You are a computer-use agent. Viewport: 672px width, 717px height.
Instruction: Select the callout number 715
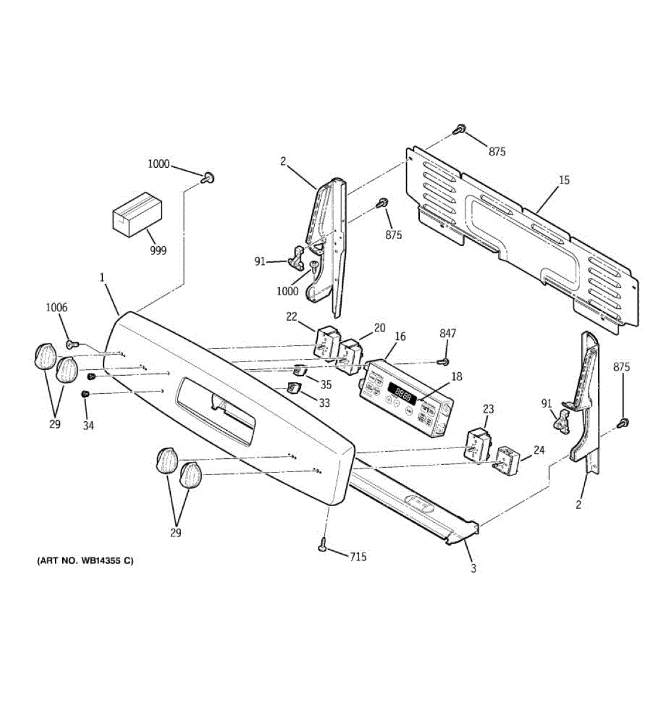click(x=358, y=557)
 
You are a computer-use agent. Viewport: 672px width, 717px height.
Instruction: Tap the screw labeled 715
click(x=323, y=544)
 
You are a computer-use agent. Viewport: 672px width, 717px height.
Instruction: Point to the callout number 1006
click(x=57, y=308)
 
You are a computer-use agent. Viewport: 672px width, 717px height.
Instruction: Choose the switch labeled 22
click(x=326, y=344)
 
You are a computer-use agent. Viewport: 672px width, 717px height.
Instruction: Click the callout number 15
click(x=564, y=179)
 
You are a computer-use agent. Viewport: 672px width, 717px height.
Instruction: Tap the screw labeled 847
click(x=443, y=361)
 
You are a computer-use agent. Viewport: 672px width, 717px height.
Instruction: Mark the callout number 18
click(x=456, y=376)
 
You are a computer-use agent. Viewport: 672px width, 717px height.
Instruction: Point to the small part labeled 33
click(x=293, y=388)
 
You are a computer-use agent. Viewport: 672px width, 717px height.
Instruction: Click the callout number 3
click(x=473, y=568)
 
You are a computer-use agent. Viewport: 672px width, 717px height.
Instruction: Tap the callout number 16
click(x=400, y=337)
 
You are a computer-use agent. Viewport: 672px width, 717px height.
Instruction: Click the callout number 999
click(x=158, y=251)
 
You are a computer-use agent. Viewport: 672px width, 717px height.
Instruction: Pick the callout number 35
click(x=326, y=384)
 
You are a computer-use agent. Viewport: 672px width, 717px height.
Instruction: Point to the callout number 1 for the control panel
click(x=102, y=278)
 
